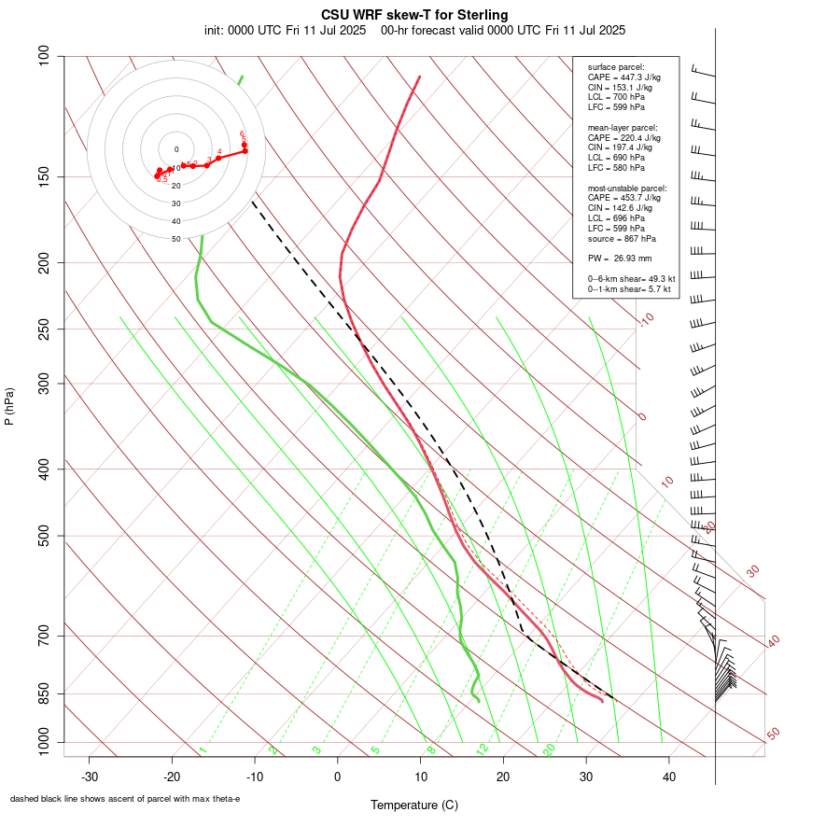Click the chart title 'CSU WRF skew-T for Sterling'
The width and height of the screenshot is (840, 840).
pos(414,15)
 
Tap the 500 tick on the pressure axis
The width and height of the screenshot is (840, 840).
pos(45,536)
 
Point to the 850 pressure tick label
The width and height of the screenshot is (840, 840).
pos(45,693)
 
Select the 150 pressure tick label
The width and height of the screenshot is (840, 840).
pos(45,176)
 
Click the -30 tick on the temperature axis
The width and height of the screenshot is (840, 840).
pos(90,776)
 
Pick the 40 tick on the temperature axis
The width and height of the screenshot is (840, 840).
pos(668,776)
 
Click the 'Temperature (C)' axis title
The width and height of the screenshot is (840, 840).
pos(414,805)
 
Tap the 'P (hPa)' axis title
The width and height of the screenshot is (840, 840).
pos(9,407)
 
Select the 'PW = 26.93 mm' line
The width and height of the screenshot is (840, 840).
pos(620,258)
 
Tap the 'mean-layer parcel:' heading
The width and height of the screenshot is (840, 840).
pos(623,127)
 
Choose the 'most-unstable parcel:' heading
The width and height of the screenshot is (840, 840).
pos(625,188)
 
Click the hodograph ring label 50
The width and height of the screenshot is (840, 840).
pos(175,239)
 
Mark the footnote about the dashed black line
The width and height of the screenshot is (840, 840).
pos(125,799)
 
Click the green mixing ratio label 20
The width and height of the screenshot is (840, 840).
pos(549,749)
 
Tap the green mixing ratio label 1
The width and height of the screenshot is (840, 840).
pos(202,749)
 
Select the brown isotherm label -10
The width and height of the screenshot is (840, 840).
pos(645,320)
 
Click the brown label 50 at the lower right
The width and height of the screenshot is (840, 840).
pos(773,734)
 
